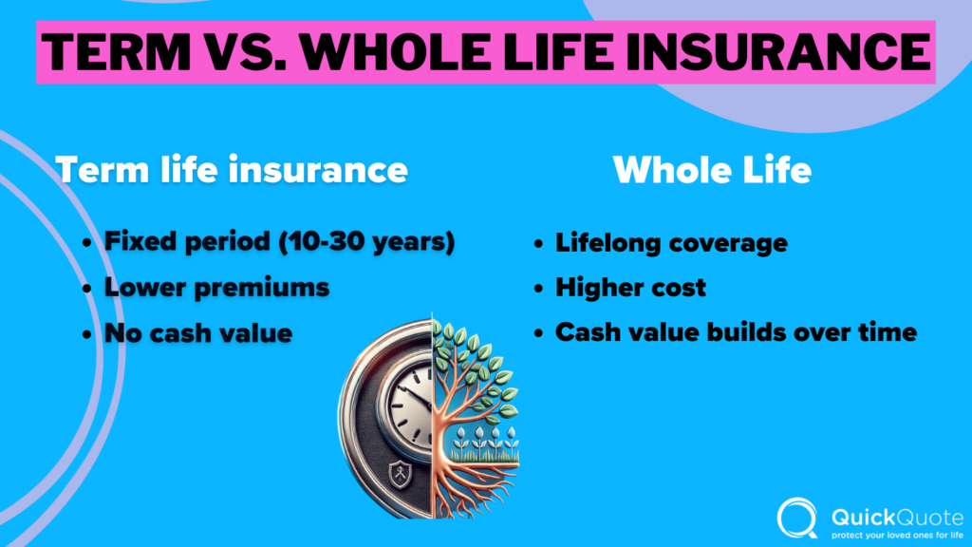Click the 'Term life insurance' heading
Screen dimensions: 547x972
click(x=232, y=170)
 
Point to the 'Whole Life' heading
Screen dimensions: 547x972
click(x=712, y=170)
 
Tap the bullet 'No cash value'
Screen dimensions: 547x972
click(x=198, y=333)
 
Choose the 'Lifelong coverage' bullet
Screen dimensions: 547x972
click(x=671, y=242)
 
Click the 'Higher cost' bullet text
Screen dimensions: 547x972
click(x=630, y=288)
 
